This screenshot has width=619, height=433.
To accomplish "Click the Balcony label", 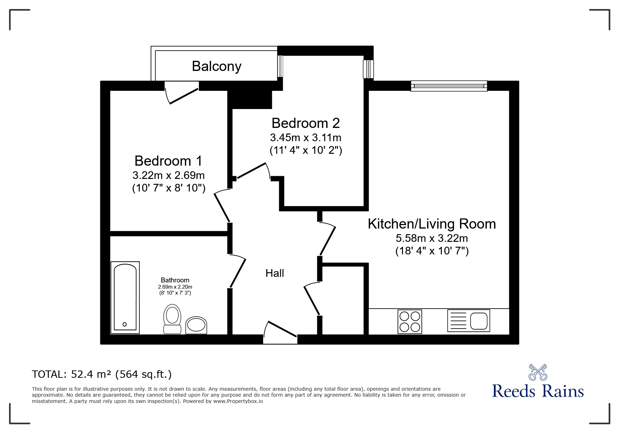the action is [217, 66].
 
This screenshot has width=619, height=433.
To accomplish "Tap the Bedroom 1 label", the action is [168, 161].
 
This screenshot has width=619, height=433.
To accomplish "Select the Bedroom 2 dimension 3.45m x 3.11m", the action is [306, 137].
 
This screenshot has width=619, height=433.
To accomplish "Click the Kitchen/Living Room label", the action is [432, 224].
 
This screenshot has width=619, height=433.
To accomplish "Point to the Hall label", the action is [275, 273].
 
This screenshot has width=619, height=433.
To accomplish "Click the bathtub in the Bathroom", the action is [125, 297].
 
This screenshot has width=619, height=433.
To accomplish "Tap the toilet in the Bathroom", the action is [172, 319].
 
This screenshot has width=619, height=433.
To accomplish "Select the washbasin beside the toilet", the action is [196, 325].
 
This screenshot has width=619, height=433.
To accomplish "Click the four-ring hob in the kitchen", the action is [410, 322].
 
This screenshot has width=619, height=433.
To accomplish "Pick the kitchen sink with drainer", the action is [469, 320].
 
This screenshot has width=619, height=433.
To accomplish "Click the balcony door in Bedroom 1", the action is [181, 93].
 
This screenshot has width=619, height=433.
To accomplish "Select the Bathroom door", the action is [238, 270].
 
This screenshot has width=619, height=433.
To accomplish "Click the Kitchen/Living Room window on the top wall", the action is [449, 86].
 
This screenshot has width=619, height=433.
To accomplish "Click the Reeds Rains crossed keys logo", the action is [538, 373].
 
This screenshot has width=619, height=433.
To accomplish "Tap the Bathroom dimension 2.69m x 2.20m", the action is [175, 287].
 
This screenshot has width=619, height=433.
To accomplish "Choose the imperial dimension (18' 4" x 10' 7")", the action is [432, 251].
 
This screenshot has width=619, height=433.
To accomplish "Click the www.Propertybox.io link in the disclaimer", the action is [238, 401].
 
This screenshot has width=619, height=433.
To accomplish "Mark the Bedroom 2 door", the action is [254, 171].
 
